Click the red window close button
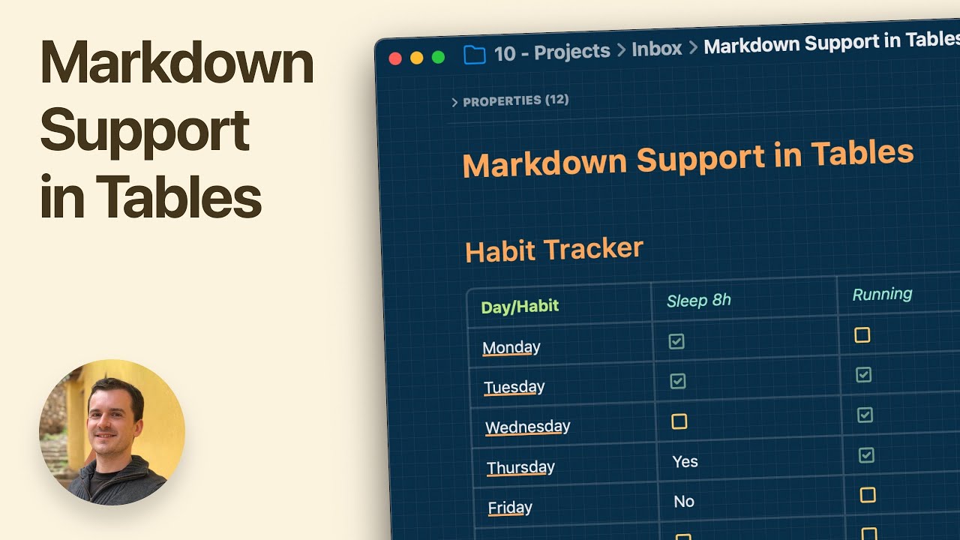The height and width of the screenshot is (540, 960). tap(395, 58)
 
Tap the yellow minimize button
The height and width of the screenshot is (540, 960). tap(417, 58)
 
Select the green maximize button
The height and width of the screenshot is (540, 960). tap(439, 57)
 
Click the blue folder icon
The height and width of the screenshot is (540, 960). tap(474, 55)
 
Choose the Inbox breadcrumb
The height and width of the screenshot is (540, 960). tap(657, 49)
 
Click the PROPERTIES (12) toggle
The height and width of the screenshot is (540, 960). tap(511, 100)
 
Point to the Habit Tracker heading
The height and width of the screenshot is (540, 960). tap(554, 250)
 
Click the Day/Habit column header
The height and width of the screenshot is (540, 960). tap(520, 306)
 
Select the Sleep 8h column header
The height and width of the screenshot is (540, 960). tap(699, 301)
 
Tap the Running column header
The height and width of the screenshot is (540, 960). tap(882, 294)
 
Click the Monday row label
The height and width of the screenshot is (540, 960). tap(511, 347)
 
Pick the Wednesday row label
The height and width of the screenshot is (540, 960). tap(527, 427)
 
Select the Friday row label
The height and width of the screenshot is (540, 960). tap(510, 508)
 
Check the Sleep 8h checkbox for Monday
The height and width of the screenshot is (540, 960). tap(676, 341)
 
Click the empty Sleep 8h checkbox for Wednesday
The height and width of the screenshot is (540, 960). tap(679, 421)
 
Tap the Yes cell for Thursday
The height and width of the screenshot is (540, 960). tap(685, 462)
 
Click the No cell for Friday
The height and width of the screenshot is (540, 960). tap(684, 502)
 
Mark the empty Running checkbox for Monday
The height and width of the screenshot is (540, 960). tap(862, 334)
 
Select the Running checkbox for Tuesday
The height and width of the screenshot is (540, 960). tap(864, 374)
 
